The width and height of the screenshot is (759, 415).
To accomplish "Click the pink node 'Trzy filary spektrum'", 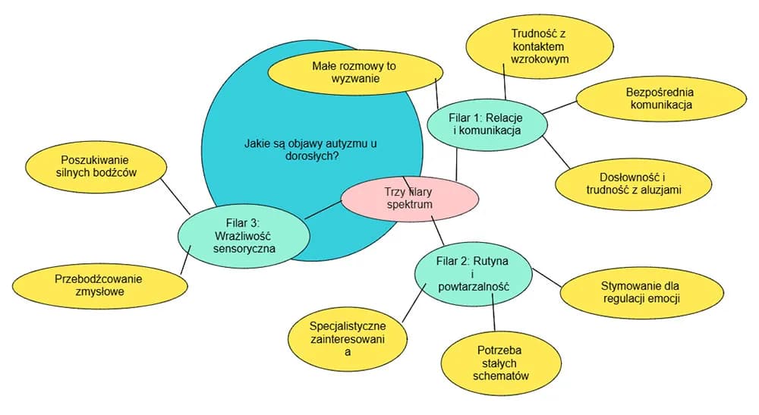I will [x=410, y=199].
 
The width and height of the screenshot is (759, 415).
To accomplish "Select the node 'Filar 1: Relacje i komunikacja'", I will [x=487, y=124].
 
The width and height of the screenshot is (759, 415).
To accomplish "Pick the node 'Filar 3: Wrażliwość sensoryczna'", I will [x=244, y=235].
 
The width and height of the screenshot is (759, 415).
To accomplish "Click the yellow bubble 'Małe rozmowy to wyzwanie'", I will [x=355, y=73].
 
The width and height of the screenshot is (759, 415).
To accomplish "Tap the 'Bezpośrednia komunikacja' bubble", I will [x=660, y=99].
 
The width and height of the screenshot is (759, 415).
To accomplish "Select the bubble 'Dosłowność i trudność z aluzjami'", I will [x=635, y=184].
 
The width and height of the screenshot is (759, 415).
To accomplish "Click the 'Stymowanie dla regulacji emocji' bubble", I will [x=640, y=292].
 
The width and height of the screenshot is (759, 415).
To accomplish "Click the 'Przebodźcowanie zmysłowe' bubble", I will [x=99, y=285].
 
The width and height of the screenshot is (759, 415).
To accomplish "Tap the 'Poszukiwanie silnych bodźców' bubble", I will [x=96, y=166].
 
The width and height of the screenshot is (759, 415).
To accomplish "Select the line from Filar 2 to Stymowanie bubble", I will [x=546, y=277].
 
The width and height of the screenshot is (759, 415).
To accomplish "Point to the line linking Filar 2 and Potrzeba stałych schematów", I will [x=494, y=319].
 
